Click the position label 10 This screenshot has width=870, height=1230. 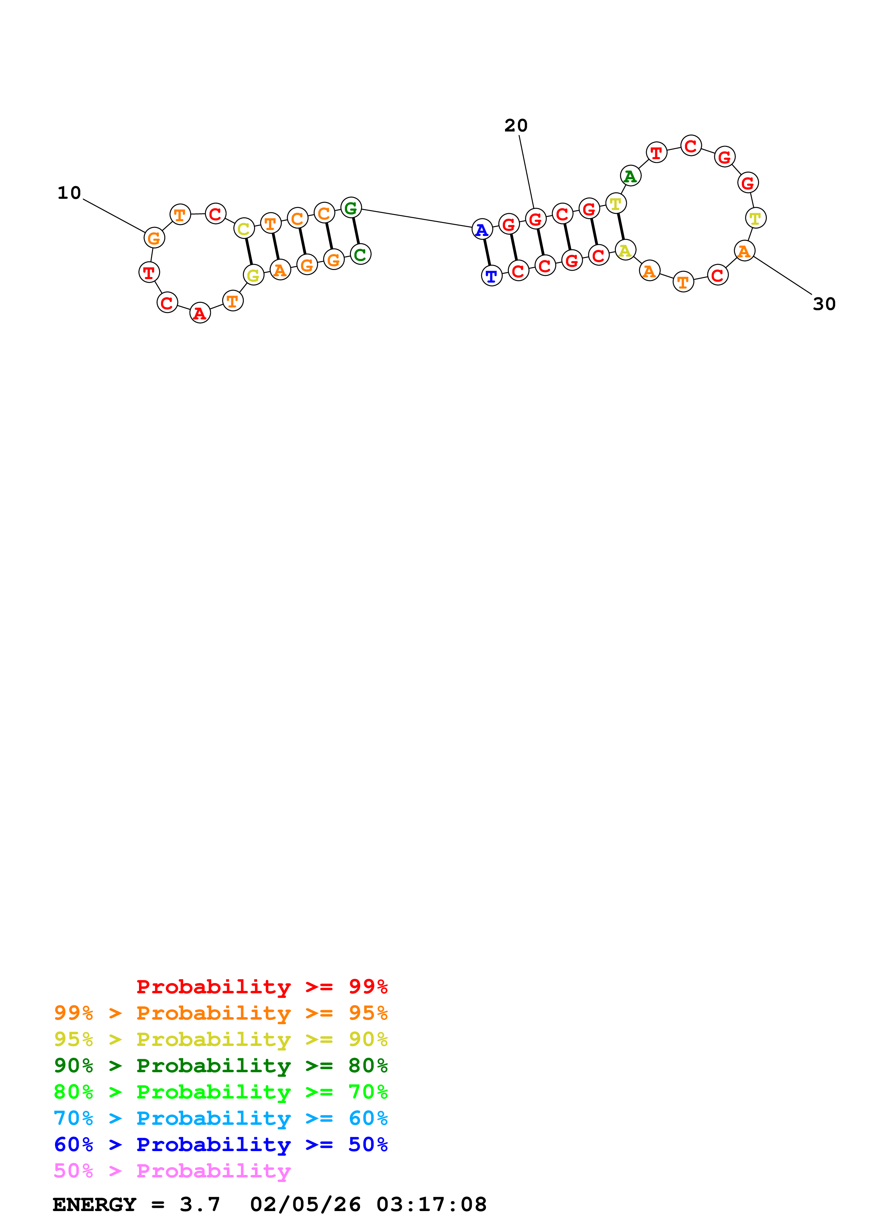[69, 193]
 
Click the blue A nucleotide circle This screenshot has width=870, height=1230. [482, 230]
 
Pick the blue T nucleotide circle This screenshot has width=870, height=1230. [491, 276]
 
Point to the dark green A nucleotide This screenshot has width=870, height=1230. [630, 176]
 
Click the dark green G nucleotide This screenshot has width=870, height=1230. [351, 208]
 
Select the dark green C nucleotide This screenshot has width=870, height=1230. [360, 254]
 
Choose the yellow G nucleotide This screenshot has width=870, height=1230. [253, 275]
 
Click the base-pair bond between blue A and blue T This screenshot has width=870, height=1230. [487, 253]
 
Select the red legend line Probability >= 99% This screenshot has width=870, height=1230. [262, 986]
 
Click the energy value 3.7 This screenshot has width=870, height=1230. [199, 1204]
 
